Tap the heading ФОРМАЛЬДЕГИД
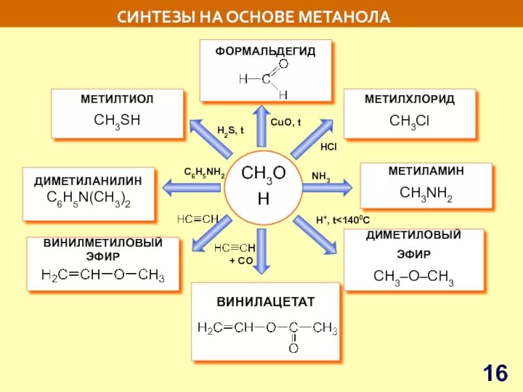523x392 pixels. coord(265,50)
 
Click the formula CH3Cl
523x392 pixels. coord(409,121)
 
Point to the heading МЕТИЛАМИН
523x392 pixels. coord(426,171)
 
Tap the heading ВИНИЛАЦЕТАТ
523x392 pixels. coord(265,302)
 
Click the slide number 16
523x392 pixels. coord(496,374)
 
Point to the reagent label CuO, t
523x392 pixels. coord(286,122)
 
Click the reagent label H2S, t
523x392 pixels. coord(230,130)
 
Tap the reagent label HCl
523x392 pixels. coord(328,147)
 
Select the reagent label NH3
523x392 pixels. coord(321,176)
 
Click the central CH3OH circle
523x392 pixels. coord(263,186)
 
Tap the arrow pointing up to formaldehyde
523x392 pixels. coord(261,124)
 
